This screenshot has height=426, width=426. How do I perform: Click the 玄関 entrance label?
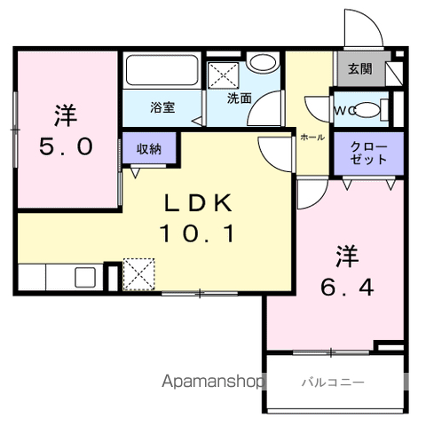click(359, 68)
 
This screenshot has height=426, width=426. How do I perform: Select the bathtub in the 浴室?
click(162, 71)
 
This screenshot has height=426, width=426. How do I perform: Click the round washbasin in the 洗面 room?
click(263, 62)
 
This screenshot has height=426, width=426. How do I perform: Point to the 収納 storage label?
click(149, 149)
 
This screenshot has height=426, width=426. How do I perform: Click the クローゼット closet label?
click(368, 153)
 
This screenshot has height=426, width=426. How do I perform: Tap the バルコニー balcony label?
click(333, 383)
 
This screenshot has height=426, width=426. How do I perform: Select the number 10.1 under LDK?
click(197, 233)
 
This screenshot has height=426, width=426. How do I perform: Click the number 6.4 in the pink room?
click(347, 288)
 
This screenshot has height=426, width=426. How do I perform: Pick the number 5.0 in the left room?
click(66, 146)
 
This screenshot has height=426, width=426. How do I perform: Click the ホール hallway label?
click(312, 138)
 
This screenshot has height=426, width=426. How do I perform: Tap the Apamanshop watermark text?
click(212, 381)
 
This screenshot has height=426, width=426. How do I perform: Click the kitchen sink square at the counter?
click(85, 277)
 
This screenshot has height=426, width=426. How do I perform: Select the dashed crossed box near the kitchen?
click(138, 274)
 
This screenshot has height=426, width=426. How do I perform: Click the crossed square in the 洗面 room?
click(223, 75)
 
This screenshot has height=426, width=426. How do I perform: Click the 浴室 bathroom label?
click(162, 107)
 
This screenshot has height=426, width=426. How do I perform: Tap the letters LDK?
click(198, 203)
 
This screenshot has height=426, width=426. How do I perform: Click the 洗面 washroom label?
click(240, 99)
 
